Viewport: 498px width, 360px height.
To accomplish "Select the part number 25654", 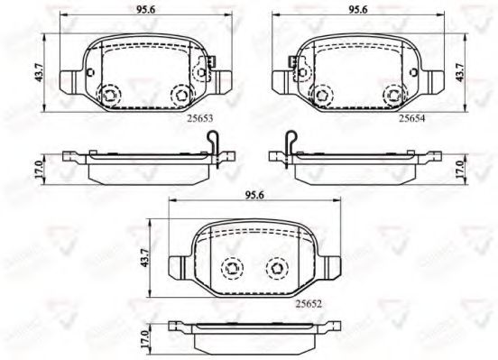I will tap(413, 117).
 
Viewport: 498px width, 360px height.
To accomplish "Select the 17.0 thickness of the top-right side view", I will tap(462, 169).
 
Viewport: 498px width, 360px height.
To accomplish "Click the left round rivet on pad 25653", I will tap(110, 94).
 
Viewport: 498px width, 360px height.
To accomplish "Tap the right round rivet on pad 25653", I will tap(180, 94).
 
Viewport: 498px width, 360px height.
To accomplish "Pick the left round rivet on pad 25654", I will tap(320, 94).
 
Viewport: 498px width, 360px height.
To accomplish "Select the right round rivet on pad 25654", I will tap(391, 94).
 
